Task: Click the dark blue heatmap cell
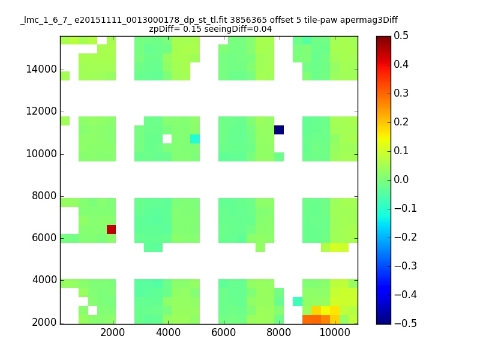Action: coord(279,130)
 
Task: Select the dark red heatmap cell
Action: coord(111,229)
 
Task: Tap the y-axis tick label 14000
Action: coord(41,69)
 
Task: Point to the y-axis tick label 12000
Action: coord(41,111)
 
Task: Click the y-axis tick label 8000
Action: coord(44,196)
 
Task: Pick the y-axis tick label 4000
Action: coord(44,280)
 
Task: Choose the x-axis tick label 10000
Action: coord(335,332)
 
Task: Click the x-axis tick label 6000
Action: coord(223,332)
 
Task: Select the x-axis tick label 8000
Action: coord(278,332)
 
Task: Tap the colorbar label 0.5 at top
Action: coord(401,35)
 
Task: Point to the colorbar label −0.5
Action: coord(406,323)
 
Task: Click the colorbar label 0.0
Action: coord(401,179)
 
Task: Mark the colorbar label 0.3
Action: coord(401,93)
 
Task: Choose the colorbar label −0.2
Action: coord(406,237)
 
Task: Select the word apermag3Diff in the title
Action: coord(369,20)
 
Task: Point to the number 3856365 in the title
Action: coord(248,20)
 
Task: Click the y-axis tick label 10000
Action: coord(41,154)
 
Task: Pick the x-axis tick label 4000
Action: coord(168,332)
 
